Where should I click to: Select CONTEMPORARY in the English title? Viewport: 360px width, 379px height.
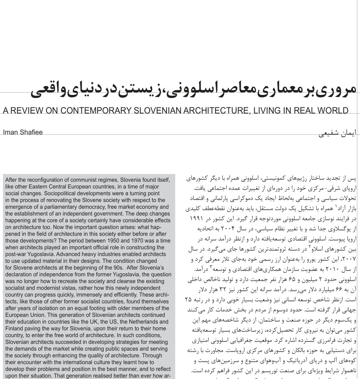point(99,111)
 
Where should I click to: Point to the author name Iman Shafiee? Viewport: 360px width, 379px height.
point(23,132)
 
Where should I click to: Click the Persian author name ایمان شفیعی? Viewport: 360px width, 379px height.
point(337,133)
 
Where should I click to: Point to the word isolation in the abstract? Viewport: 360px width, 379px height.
point(46,308)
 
